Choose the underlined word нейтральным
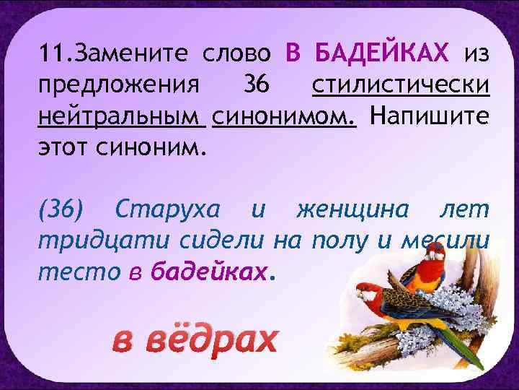pyautogui.click(x=123, y=117)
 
